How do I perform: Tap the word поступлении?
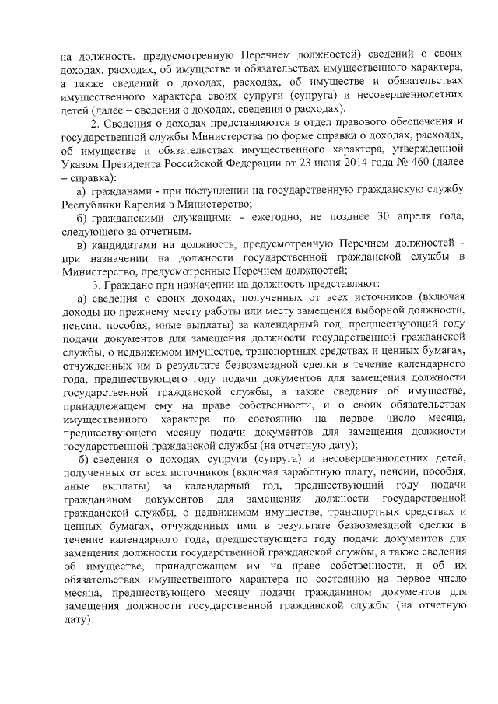point(215,191)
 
